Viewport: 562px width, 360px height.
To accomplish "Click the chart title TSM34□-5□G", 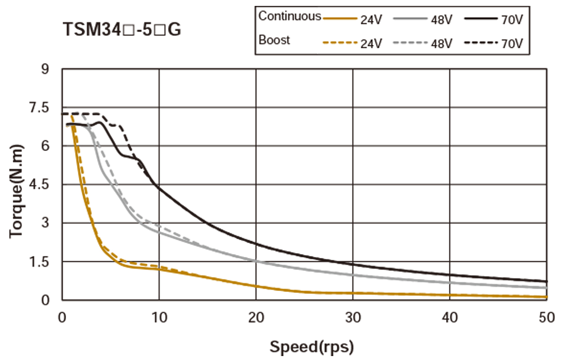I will tap(122, 30).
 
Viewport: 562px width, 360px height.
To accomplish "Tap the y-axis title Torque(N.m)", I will tap(17, 191).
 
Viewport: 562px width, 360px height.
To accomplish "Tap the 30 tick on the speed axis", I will tap(352, 317).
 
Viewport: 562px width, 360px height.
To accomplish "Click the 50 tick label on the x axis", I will tap(546, 317).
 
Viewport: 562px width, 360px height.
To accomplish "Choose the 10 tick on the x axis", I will tap(159, 317).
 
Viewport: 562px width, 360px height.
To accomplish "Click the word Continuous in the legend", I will tap(289, 16).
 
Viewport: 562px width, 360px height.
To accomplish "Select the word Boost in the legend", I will tap(275, 40).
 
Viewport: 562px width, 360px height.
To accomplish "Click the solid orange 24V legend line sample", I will tap(340, 19).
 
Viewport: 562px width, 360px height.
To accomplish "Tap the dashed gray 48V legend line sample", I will tap(411, 43).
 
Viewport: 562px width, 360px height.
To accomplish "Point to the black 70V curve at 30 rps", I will tap(352, 264).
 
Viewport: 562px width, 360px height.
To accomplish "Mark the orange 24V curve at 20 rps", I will tap(256, 286).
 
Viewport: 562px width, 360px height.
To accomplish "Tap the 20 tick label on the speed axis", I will tap(256, 317).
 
